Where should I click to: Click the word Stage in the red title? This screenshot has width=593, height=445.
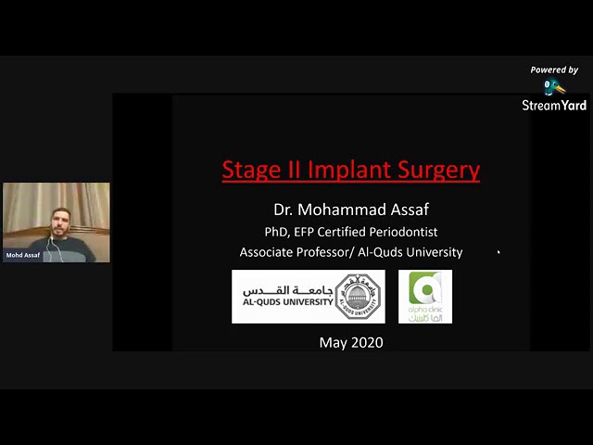248,170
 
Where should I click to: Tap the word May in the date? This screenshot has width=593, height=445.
333,343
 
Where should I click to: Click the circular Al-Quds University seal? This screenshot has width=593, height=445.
359,297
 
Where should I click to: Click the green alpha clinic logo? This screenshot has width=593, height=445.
425,297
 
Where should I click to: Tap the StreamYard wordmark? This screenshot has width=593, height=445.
554,105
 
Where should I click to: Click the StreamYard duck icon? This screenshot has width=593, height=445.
554,87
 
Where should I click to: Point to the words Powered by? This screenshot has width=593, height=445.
554,70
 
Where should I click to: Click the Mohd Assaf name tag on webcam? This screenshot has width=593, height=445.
23,255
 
